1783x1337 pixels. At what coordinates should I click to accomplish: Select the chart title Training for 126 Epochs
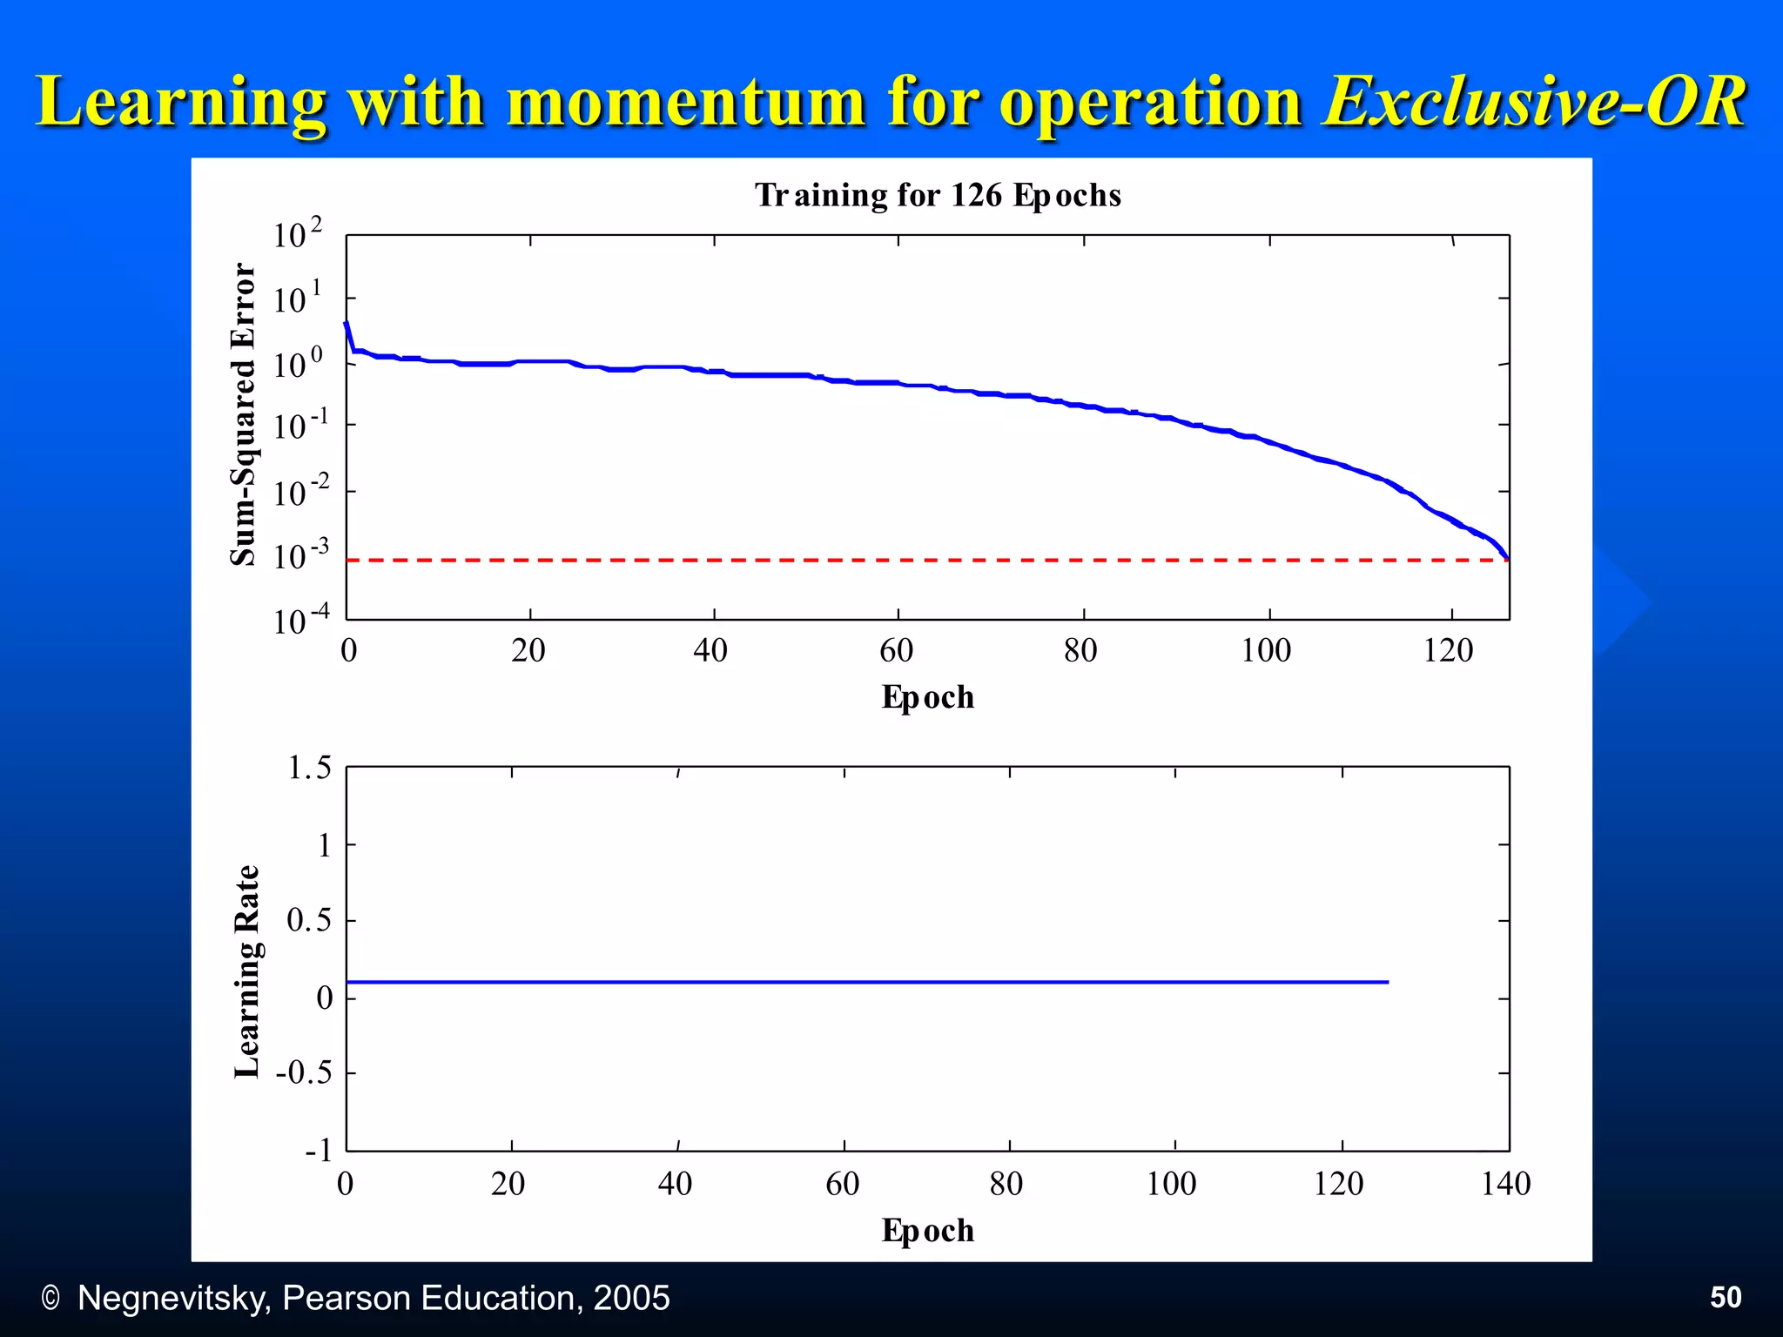[x=938, y=195]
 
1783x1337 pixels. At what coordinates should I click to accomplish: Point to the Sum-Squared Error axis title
[x=244, y=414]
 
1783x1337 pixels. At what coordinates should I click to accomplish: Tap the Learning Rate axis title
[x=247, y=971]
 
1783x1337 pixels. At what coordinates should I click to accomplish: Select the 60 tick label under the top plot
[x=896, y=651]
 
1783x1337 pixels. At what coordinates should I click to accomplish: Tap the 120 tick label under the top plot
[x=1448, y=651]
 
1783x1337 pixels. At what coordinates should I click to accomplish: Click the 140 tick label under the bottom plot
[x=1505, y=1184]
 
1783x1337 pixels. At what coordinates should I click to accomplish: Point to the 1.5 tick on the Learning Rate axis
[x=310, y=768]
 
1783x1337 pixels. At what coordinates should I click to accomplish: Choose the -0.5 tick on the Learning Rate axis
[x=305, y=1072]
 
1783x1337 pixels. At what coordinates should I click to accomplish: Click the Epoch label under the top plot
[x=927, y=697]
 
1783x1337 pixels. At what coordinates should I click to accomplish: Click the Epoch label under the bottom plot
[x=927, y=1231]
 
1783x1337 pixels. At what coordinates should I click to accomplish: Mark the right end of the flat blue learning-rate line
[x=1387, y=982]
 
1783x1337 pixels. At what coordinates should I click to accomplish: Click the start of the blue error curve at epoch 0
[x=347, y=324]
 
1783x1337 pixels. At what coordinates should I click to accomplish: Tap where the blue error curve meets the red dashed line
[x=1507, y=559]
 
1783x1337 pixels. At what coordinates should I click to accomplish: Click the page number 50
[x=1726, y=1298]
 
